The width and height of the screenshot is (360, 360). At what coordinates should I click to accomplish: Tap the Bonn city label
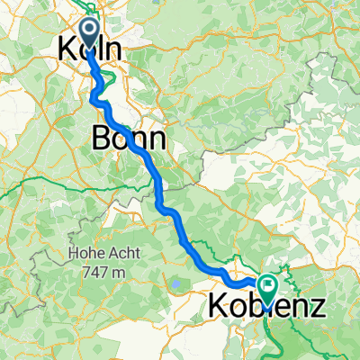(128, 139)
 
